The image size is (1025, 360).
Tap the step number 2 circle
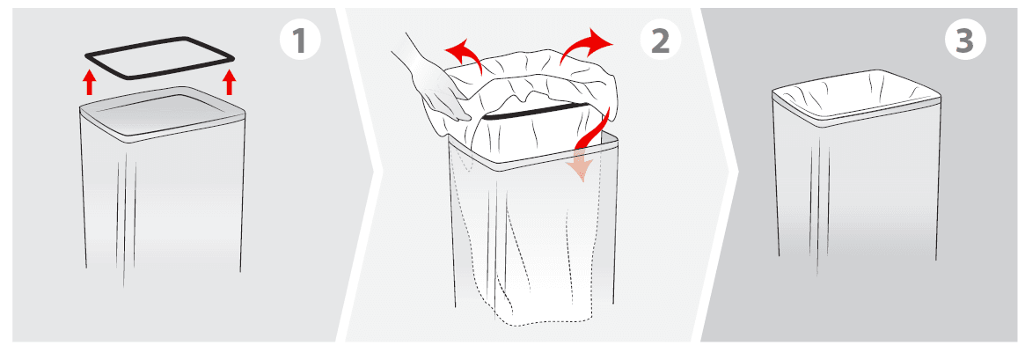[659, 40]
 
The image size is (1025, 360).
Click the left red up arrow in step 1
[88, 83]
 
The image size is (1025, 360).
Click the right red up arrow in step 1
[230, 82]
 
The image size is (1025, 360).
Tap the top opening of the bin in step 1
[163, 110]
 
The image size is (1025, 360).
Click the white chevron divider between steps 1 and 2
[362, 176]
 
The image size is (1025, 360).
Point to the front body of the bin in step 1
[163, 202]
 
